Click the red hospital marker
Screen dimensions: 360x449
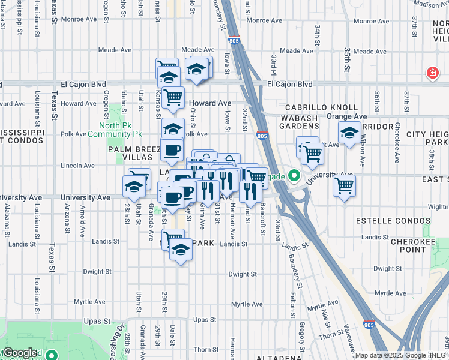pyautogui.click(x=432, y=73)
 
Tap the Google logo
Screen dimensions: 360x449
pyautogui.click(x=20, y=353)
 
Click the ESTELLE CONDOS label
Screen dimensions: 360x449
pyautogui.click(x=385, y=221)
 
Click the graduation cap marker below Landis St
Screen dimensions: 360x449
pyautogui.click(x=180, y=248)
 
